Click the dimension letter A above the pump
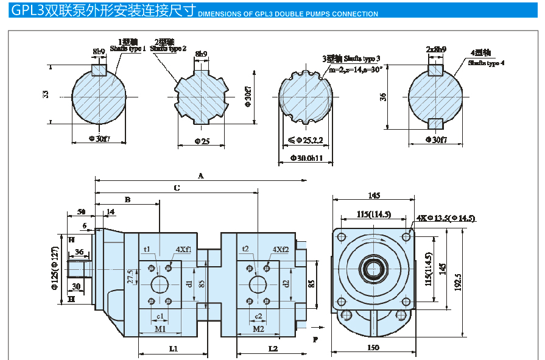click(200, 175)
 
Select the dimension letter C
click(177, 188)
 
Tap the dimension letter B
click(127, 199)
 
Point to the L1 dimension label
click(173, 348)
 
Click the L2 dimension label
click(272, 348)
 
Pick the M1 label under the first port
click(160, 329)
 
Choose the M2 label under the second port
click(258, 329)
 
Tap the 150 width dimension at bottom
click(373, 348)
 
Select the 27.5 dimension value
click(130, 277)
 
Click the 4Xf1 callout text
click(183, 249)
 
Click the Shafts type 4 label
click(486, 63)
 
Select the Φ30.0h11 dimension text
click(306, 158)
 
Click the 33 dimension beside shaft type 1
click(46, 94)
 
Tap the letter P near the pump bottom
click(315, 339)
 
